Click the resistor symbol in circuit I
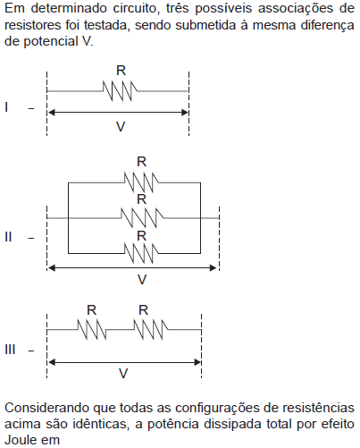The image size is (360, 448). (x=120, y=91)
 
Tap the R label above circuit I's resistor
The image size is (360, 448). (x=121, y=71)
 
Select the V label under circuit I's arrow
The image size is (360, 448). (x=121, y=127)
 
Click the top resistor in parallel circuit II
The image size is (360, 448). (x=141, y=182)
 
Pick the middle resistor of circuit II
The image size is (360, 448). (x=142, y=218)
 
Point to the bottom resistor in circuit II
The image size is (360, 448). (x=141, y=253)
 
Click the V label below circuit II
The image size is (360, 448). (x=142, y=280)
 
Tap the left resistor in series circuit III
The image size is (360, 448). (x=92, y=330)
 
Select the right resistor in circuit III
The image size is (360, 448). (x=151, y=330)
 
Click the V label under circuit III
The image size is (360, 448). (x=123, y=373)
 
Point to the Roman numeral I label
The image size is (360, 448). (x=6, y=107)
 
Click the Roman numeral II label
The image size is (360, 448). (x=8, y=237)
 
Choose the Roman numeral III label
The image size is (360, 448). (x=10, y=350)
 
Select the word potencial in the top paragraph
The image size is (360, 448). (x=51, y=41)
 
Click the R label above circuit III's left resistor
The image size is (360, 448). (x=92, y=310)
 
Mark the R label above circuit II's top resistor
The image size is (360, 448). (x=142, y=162)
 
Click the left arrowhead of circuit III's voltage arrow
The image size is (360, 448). (x=52, y=362)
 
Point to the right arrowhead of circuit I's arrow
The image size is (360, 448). (x=185, y=113)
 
